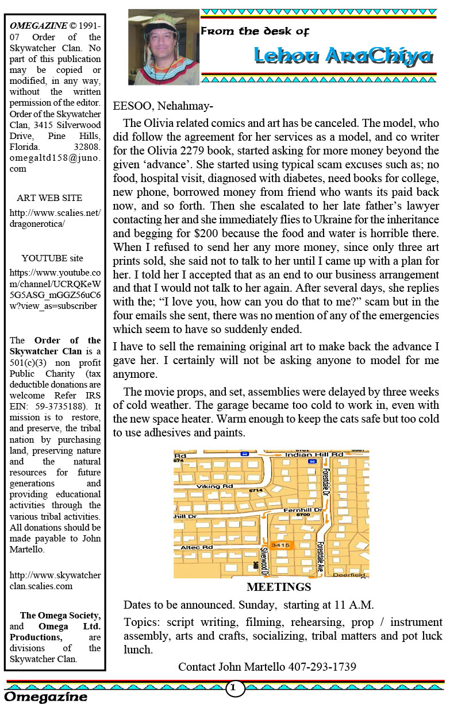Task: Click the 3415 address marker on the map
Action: click(280, 545)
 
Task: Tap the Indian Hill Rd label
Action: click(307, 454)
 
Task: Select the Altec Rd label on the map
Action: click(197, 548)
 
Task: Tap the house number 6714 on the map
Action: click(256, 491)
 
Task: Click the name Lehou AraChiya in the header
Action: click(343, 56)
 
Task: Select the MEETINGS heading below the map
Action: click(278, 587)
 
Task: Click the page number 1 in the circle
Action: click(234, 687)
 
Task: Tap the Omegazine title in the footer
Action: click(47, 697)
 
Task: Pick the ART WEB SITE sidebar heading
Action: click(49, 198)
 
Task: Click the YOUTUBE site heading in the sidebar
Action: click(52, 258)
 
